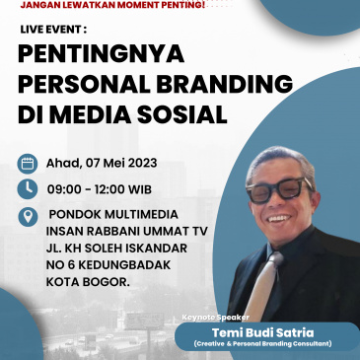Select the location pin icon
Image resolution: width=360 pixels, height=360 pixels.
pyautogui.click(x=28, y=215)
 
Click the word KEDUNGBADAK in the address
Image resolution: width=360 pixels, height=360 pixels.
pyautogui.click(x=124, y=265)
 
